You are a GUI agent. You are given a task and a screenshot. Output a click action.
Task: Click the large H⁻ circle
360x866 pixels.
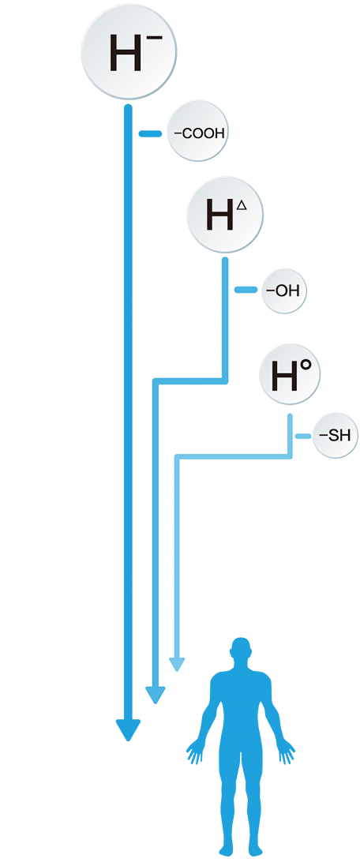[x=129, y=53]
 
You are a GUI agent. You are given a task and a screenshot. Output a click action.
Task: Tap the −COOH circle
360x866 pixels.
[x=197, y=131]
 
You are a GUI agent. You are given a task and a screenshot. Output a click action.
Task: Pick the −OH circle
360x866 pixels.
[x=283, y=290]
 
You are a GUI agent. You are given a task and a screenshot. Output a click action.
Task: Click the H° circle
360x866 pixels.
[x=290, y=375]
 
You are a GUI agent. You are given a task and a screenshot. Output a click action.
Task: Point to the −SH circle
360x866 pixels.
[x=333, y=437]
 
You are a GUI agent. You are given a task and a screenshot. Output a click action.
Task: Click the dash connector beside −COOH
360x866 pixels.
[x=149, y=133]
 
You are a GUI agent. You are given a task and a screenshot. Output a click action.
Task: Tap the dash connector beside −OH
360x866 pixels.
[x=246, y=290]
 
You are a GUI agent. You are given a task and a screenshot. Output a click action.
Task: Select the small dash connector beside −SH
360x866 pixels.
[x=303, y=437]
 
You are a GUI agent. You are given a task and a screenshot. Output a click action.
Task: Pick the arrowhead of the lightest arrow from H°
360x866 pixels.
[x=177, y=665]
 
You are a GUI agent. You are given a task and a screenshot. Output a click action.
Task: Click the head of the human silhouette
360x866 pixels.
[x=242, y=652]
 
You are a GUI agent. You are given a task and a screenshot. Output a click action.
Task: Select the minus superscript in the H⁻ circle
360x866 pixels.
[x=156, y=33]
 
